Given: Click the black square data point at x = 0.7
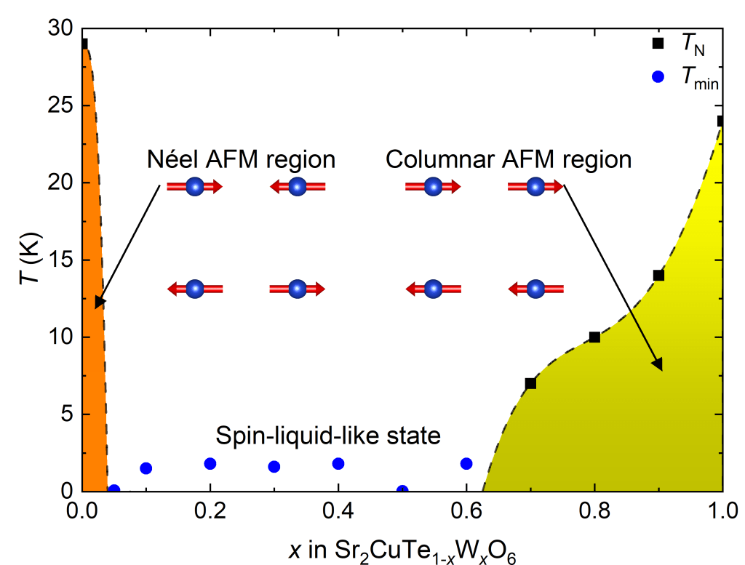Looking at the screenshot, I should pyautogui.click(x=530, y=383).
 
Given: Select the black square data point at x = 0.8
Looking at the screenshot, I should pyautogui.click(x=594, y=337).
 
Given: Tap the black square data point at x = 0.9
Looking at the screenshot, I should pyautogui.click(x=658, y=276).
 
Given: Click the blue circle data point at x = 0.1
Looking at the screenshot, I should pyautogui.click(x=146, y=468).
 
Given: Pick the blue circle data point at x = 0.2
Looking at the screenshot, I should pyautogui.click(x=210, y=463).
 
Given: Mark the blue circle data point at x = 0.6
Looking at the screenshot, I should pyautogui.click(x=466, y=463).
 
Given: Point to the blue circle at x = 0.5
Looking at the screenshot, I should pyautogui.click(x=402, y=490).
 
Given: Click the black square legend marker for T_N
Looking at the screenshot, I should pyautogui.click(x=658, y=44).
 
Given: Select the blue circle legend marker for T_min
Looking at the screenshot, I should pyautogui.click(x=658, y=77).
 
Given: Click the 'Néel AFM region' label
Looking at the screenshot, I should pyautogui.click(x=241, y=159).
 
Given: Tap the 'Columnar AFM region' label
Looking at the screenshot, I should pyautogui.click(x=509, y=159).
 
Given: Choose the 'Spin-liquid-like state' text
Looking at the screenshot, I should pyautogui.click(x=329, y=436).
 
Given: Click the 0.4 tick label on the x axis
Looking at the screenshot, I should pyautogui.click(x=338, y=511).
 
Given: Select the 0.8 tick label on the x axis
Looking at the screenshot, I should pyautogui.click(x=594, y=511).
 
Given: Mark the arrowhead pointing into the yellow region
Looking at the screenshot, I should pyautogui.click(x=659, y=365).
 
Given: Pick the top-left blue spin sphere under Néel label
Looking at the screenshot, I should pyautogui.click(x=194, y=187).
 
